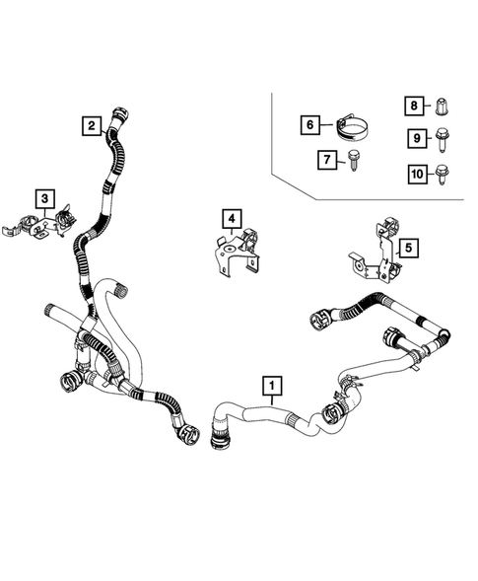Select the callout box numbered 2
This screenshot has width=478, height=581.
(x=92, y=125)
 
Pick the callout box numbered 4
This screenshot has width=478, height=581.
(x=231, y=218)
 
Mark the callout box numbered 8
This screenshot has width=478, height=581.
(x=417, y=106)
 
